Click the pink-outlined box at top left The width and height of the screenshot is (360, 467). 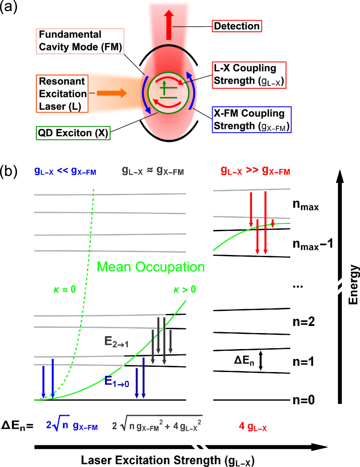80,41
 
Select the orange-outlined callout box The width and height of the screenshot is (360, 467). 62,93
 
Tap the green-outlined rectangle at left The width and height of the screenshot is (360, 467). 73,133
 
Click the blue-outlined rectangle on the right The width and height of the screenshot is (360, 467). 251,119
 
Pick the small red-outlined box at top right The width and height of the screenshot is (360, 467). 237,26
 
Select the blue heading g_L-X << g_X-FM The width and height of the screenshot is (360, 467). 65,171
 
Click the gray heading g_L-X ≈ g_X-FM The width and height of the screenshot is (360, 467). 153,171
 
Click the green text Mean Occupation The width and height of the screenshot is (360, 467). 150,267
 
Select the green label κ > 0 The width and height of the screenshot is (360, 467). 185,289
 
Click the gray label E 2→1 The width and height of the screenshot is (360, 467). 117,341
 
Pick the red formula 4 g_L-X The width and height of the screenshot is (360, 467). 253,427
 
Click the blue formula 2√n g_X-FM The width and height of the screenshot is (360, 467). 72,426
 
